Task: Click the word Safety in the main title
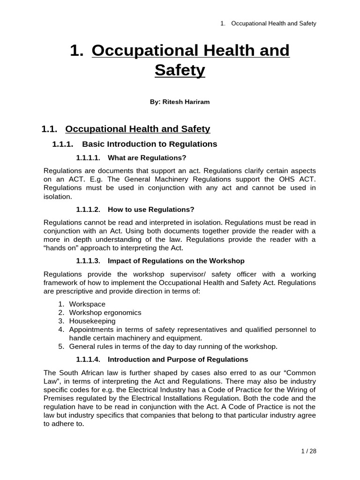[180, 70]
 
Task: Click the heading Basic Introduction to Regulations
[150, 144]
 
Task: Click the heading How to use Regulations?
[151, 209]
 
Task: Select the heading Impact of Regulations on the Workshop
[176, 261]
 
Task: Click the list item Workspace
[87, 304]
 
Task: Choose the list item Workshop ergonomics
[105, 313]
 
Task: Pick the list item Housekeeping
[92, 321]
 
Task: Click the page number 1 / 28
[308, 451]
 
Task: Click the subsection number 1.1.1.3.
[88, 261]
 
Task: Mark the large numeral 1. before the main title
[76, 51]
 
